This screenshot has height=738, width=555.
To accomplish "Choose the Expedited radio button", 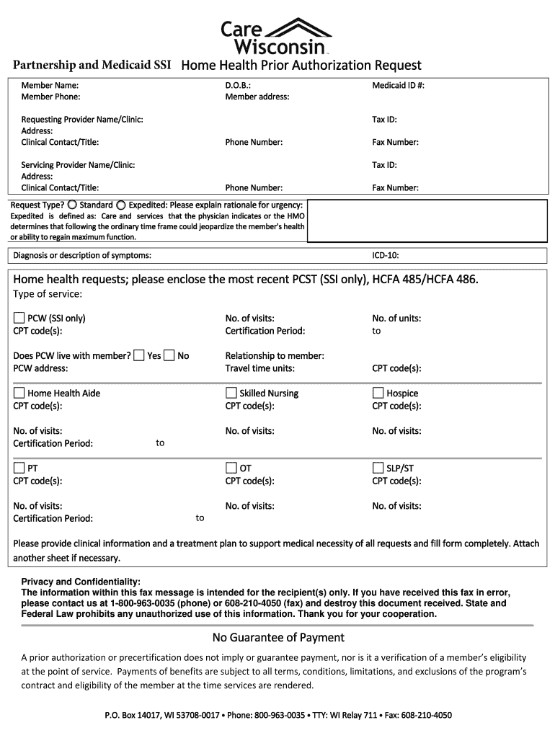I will tap(121, 205).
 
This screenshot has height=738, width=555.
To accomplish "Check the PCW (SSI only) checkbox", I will tap(19, 318).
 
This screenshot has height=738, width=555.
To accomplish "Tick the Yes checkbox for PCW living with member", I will tap(139, 355).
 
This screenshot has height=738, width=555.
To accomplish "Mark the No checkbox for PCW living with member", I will tap(169, 355).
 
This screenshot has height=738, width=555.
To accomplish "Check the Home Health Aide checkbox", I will tap(19, 393).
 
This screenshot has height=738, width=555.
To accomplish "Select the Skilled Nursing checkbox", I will tap(231, 393).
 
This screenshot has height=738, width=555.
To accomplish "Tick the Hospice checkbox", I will tap(378, 393).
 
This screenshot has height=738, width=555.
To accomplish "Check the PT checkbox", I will tap(19, 468).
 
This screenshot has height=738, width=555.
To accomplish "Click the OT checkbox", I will tap(231, 468).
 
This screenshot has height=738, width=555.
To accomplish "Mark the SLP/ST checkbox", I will tap(378, 468).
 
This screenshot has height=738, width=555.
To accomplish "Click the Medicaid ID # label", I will tap(398, 85).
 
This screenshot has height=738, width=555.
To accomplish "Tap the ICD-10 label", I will tap(385, 256).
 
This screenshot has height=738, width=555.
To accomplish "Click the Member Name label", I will tap(50, 85).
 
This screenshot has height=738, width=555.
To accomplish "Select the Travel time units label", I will tap(259, 368).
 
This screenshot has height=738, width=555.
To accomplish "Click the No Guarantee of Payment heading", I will tap(277, 637).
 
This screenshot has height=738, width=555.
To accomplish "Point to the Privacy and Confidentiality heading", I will tap(81, 582).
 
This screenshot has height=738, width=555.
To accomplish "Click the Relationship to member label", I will tap(274, 355).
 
